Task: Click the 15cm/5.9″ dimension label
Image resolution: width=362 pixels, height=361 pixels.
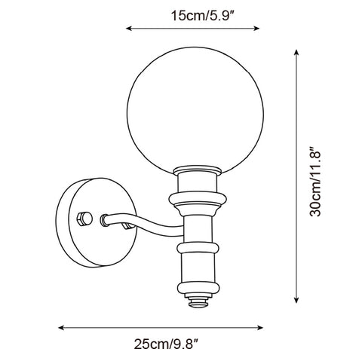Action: coord(203,16)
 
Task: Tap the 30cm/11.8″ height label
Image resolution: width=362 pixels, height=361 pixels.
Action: coord(315,182)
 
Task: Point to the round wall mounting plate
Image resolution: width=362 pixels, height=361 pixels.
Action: coord(97,222)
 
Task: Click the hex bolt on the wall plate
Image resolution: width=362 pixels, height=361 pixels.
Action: coord(84,219)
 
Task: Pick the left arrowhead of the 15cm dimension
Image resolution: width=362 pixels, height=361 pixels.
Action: coord(129,29)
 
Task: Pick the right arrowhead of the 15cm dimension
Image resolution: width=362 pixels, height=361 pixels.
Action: coord(256,29)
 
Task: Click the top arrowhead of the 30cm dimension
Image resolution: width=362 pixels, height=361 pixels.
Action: coord(296,53)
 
